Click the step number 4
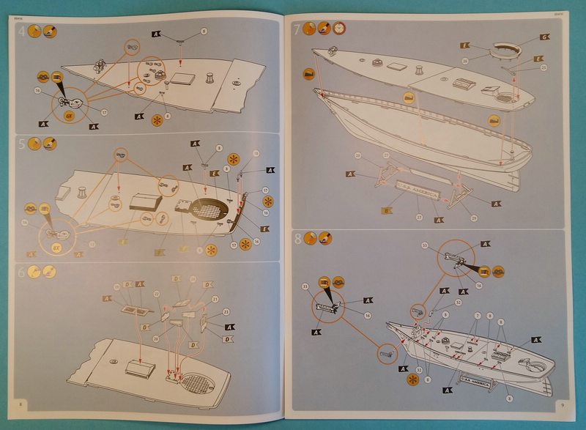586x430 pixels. click(x=21, y=31)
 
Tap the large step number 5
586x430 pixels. click(x=22, y=144)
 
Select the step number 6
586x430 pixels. click(x=22, y=272)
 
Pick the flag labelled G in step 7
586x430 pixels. click(x=544, y=37)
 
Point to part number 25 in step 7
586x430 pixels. click(x=544, y=67)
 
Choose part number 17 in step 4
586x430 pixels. click(x=105, y=111)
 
